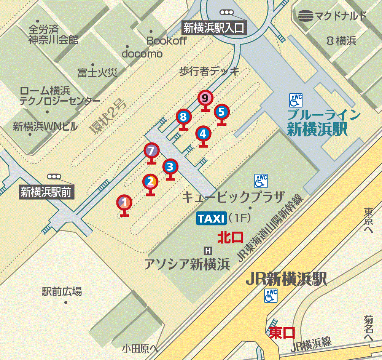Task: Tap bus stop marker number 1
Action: tap(124, 202)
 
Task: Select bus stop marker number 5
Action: tap(222, 112)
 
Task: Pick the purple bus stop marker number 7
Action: tap(151, 151)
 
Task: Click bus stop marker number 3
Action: tap(170, 166)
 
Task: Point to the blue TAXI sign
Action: tap(211, 218)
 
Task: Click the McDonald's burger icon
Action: tap(306, 16)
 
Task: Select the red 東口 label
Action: tap(282, 333)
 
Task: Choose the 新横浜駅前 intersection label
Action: tap(46, 192)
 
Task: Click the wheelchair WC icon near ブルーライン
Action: tap(296, 101)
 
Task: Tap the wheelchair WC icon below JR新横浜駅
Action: tap(271, 296)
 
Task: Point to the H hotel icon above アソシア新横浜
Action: tap(208, 250)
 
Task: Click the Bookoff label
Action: tap(166, 41)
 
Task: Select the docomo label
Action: tap(142, 54)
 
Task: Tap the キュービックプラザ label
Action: tap(233, 197)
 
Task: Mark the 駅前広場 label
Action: tap(62, 292)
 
